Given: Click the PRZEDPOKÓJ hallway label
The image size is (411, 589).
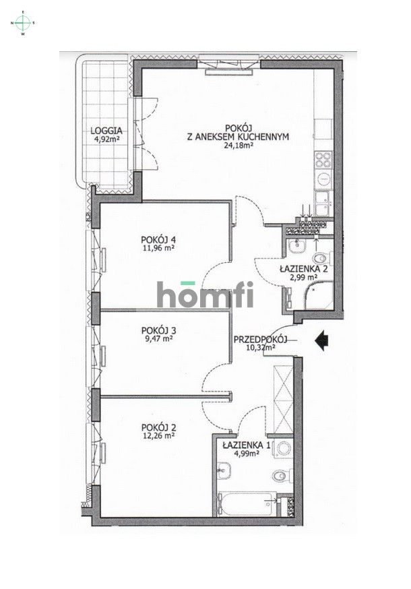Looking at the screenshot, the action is (x=260, y=340).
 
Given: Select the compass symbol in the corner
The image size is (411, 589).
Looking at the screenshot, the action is (x=23, y=23).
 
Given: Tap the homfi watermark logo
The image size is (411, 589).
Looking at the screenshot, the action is (x=205, y=295).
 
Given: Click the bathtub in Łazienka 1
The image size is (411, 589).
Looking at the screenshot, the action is (x=247, y=503).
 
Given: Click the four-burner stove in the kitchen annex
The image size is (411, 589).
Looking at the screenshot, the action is (x=323, y=160).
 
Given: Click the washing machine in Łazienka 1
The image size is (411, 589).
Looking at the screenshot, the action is (x=283, y=449).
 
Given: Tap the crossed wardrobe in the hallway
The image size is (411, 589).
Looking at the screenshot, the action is (x=283, y=398).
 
